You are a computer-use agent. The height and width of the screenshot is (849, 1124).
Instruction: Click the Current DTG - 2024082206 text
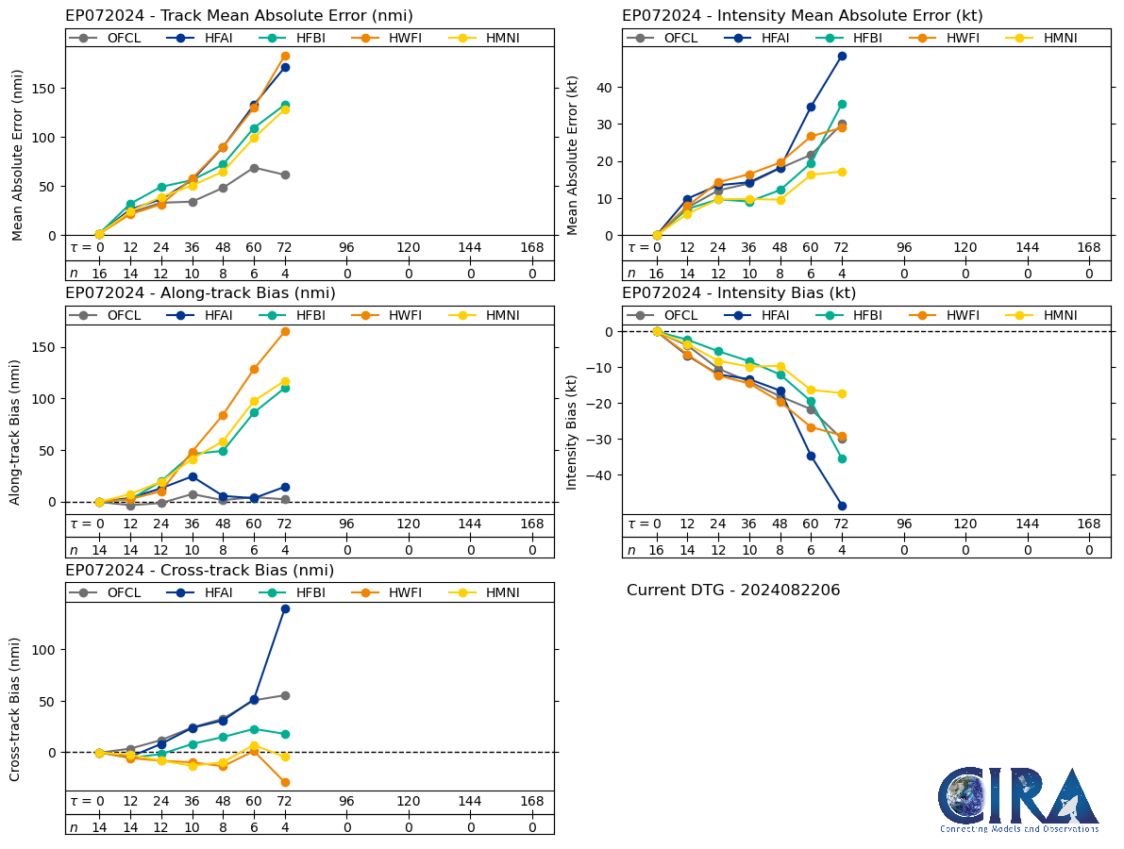(x=732, y=591)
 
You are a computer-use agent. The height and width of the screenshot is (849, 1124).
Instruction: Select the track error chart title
(x=239, y=16)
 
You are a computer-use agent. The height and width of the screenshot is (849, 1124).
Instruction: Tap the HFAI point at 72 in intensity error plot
(x=842, y=56)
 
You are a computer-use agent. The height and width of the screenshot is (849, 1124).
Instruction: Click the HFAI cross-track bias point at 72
(x=284, y=608)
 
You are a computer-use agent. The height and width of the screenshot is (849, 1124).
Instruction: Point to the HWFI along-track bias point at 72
(x=284, y=331)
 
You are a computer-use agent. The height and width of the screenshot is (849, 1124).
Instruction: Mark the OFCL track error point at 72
(x=284, y=175)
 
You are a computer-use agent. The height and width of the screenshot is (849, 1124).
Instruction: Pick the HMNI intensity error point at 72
(x=842, y=172)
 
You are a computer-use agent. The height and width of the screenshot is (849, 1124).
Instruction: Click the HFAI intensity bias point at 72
(x=842, y=506)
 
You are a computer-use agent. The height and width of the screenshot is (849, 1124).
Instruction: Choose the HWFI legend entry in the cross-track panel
(x=391, y=592)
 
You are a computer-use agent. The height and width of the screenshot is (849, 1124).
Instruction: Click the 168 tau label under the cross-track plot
(x=532, y=802)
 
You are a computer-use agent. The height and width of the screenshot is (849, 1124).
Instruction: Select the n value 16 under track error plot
(x=99, y=274)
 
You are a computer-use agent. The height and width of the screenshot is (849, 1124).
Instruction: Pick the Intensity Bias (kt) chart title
(x=739, y=293)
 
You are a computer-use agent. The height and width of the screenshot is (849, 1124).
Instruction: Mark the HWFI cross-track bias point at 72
(x=284, y=782)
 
